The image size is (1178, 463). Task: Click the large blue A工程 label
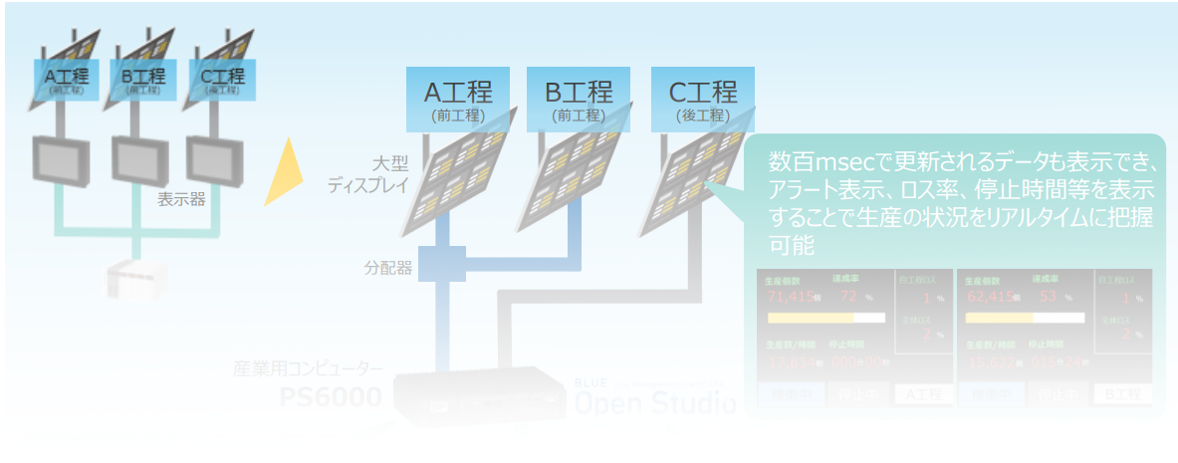(459, 99)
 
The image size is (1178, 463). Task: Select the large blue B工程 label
(579, 99)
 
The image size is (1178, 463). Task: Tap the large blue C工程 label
(702, 99)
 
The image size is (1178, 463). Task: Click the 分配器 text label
(387, 267)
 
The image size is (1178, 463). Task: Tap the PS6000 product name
(330, 397)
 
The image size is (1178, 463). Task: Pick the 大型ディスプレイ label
(361, 174)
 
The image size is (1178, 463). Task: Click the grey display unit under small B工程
(138, 154)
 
